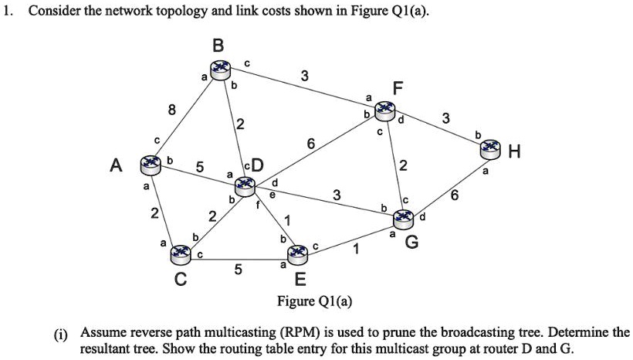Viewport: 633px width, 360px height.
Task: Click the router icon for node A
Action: pyautogui.click(x=149, y=164)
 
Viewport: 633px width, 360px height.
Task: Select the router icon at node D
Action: pyautogui.click(x=245, y=184)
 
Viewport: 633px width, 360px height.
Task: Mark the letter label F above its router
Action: pyautogui.click(x=397, y=89)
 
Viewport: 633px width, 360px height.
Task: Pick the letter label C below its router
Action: pyautogui.click(x=180, y=279)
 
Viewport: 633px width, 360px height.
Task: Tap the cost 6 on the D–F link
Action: pyautogui.click(x=310, y=144)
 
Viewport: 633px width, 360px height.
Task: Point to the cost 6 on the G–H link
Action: pyautogui.click(x=455, y=196)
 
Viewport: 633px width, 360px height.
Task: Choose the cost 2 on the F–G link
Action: pyautogui.click(x=403, y=165)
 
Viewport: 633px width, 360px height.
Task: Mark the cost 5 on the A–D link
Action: pyautogui.click(x=199, y=167)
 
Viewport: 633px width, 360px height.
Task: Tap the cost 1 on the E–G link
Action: pyautogui.click(x=355, y=249)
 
